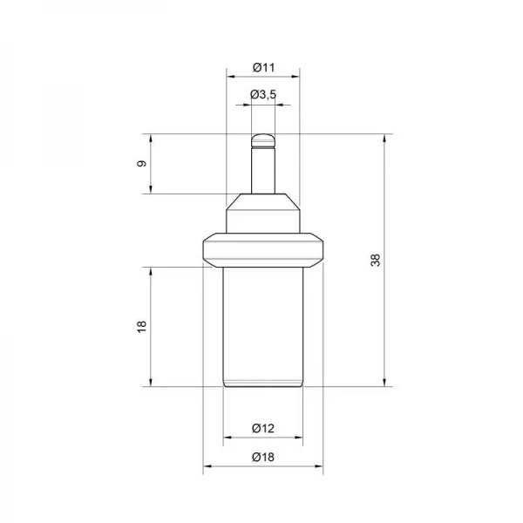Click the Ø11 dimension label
[x=263, y=68]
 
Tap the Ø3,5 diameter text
[x=263, y=95]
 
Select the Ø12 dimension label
[x=263, y=428]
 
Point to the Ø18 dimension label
[x=263, y=457]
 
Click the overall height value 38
[x=376, y=260]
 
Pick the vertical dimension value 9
[x=142, y=164]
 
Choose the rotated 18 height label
[x=142, y=327]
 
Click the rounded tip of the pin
[x=263, y=140]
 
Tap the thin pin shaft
[x=263, y=171]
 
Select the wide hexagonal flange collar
[x=263, y=250]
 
